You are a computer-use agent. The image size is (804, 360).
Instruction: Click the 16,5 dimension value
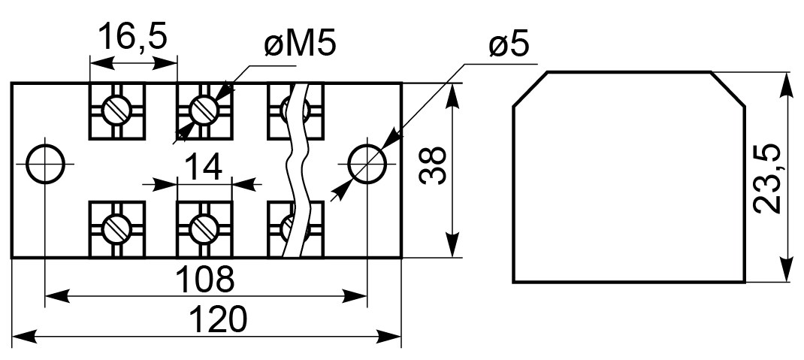(133, 36)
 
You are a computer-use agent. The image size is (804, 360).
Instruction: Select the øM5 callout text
(300, 44)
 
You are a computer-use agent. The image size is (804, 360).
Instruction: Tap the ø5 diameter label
(509, 46)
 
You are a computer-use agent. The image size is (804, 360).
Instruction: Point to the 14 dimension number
(204, 167)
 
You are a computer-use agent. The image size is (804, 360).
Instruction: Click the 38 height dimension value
(433, 165)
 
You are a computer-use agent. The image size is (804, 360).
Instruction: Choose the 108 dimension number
(204, 279)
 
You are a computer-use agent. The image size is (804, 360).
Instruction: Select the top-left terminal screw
(117, 110)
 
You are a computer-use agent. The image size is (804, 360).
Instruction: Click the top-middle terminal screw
(204, 110)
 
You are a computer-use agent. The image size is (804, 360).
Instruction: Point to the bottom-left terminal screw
(117, 228)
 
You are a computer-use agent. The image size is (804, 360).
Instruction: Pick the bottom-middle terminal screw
(204, 228)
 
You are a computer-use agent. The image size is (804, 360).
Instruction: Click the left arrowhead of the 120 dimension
(24, 337)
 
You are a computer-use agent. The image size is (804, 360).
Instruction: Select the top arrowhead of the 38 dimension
(452, 96)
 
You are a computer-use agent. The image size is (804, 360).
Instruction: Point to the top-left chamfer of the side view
(530, 89)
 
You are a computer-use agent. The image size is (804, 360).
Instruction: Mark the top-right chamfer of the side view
(728, 89)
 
